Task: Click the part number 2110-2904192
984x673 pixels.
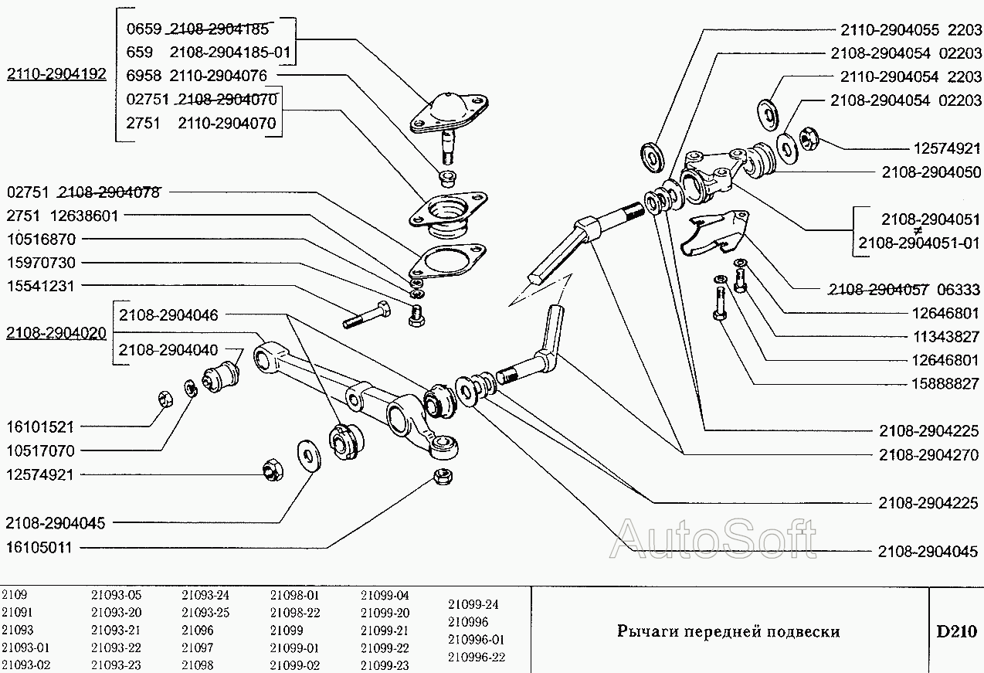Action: [56, 75]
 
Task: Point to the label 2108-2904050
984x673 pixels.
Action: [931, 172]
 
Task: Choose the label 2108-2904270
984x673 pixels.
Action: [928, 455]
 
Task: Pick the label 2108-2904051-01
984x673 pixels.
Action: [918, 243]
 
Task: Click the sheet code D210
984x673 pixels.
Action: [956, 631]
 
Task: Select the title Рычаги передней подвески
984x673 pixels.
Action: [728, 631]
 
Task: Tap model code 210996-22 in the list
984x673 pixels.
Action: [476, 657]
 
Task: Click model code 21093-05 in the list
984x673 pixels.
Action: [116, 596]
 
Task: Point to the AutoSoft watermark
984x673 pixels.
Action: [714, 538]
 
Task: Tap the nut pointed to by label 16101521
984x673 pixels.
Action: [165, 399]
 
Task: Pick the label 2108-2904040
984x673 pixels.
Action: [168, 349]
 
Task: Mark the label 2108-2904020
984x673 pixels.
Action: [56, 333]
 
